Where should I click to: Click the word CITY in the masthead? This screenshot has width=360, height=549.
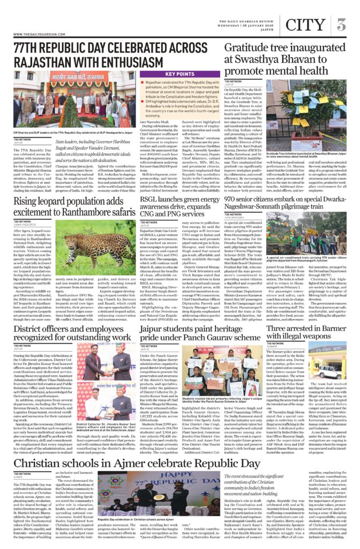[305, 25]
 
